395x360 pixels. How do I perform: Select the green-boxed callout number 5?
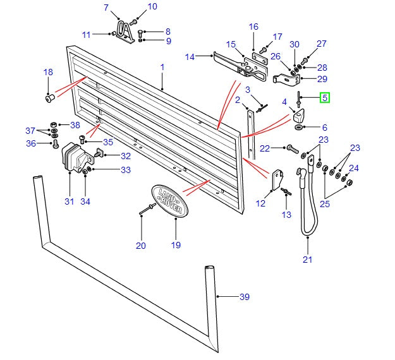[x=325, y=97]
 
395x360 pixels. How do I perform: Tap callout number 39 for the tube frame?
[x=244, y=296]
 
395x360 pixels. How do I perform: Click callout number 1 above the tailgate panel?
[x=162, y=67]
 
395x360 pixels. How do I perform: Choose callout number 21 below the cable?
[x=307, y=259]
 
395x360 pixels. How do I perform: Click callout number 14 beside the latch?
[x=190, y=57]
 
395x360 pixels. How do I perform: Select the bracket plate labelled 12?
[x=277, y=179]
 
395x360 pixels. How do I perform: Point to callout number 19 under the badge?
[x=176, y=244]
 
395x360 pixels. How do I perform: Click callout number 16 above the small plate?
[x=253, y=27]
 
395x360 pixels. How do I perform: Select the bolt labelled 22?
[x=292, y=149]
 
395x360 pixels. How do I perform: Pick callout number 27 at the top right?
[x=322, y=44]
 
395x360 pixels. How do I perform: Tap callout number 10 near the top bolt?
[x=152, y=7]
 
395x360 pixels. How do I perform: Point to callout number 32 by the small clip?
[x=126, y=155]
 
